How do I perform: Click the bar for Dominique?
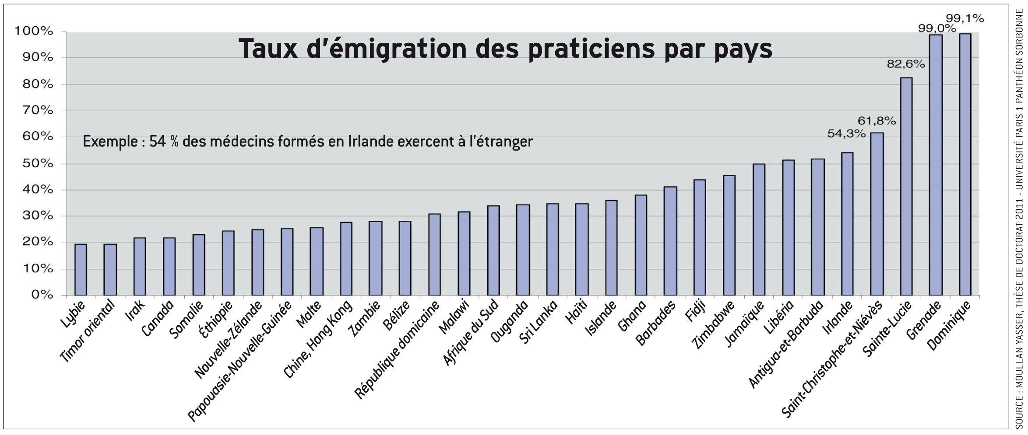pyautogui.click(x=965, y=164)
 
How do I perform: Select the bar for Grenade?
pyautogui.click(x=936, y=165)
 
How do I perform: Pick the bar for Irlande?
pyautogui.click(x=847, y=224)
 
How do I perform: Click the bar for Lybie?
pyautogui.click(x=81, y=269)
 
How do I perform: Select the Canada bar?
pyautogui.click(x=169, y=266)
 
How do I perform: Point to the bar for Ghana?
pyautogui.click(x=641, y=245)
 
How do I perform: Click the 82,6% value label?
pyautogui.click(x=906, y=64)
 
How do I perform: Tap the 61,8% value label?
pyautogui.click(x=877, y=121)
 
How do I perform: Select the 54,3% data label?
pyautogui.click(x=846, y=134)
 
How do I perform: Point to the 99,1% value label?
pyautogui.click(x=965, y=18)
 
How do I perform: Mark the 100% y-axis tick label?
pyautogui.click(x=34, y=31)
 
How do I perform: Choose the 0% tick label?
pyautogui.click(x=42, y=295)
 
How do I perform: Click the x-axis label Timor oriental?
pyautogui.click(x=88, y=331)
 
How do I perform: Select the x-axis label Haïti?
pyautogui.click(x=576, y=312)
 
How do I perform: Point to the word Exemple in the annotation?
pyautogui.click(x=110, y=142)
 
